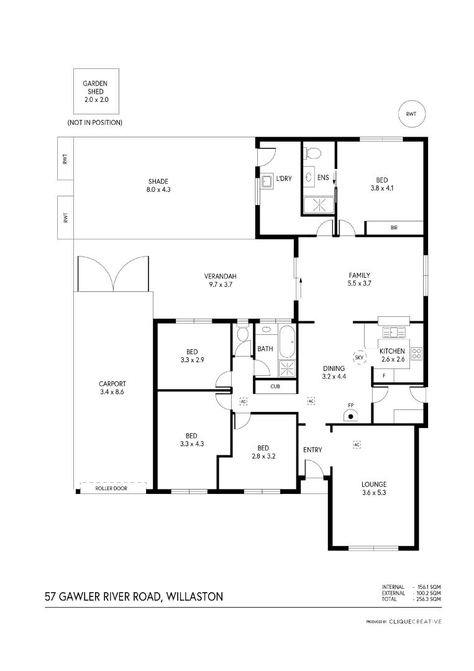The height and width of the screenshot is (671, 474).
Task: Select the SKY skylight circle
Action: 359,357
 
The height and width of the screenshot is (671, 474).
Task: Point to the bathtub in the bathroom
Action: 287,342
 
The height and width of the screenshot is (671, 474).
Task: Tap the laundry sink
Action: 268,181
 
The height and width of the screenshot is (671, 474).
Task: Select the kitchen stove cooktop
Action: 416,354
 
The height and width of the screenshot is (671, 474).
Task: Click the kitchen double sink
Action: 394,332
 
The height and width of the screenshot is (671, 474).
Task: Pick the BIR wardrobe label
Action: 394,227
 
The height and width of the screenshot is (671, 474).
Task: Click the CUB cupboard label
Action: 275,386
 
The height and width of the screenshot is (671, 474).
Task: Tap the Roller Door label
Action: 111,488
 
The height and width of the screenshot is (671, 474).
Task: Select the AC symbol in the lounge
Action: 357,445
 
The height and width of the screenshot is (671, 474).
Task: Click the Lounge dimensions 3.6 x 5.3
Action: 374,493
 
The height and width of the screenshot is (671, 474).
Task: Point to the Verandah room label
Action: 221,276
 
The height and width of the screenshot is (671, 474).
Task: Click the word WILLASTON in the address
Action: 194,596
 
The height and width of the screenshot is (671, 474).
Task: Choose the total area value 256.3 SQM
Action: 429,599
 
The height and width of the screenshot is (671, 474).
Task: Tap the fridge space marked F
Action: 384,375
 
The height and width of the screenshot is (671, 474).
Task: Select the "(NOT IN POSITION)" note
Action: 94,122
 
